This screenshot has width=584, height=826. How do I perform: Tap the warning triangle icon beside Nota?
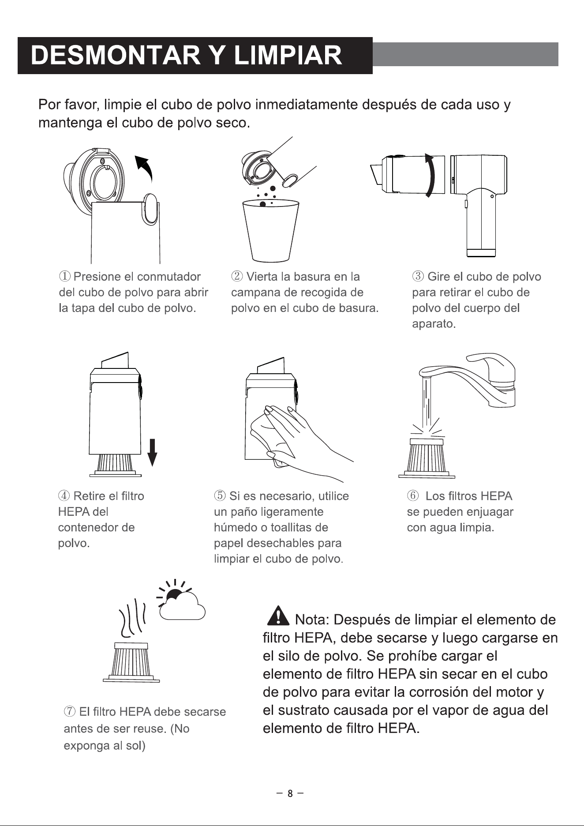click(x=278, y=616)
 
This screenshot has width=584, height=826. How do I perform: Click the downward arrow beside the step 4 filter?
click(x=152, y=452)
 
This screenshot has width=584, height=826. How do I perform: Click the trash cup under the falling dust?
click(x=271, y=230)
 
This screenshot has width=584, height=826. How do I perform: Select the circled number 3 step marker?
click(x=417, y=277)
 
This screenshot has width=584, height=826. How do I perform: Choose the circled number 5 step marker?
click(x=219, y=496)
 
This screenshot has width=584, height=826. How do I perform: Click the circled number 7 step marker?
click(x=69, y=712)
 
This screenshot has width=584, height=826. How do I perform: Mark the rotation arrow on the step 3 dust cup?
click(x=431, y=175)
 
